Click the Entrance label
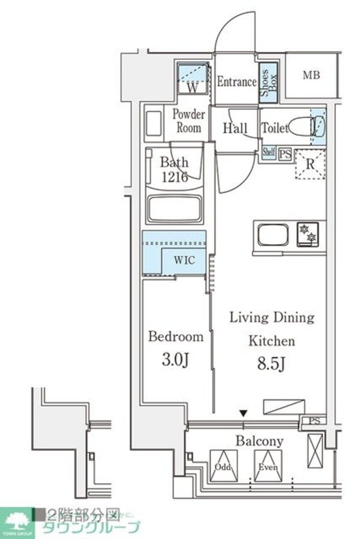pyautogui.click(x=236, y=82)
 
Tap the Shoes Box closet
pyautogui.click(x=267, y=82)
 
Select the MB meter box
pyautogui.click(x=311, y=76)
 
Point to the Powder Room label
pyautogui.click(x=189, y=121)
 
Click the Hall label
pyautogui.click(x=235, y=128)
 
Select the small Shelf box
pyautogui.click(x=268, y=153)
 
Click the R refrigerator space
pyautogui.click(x=310, y=162)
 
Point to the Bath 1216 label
pyautogui.click(x=174, y=169)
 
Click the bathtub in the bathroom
pyautogui.click(x=176, y=209)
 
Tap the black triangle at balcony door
pyautogui.click(x=243, y=413)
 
